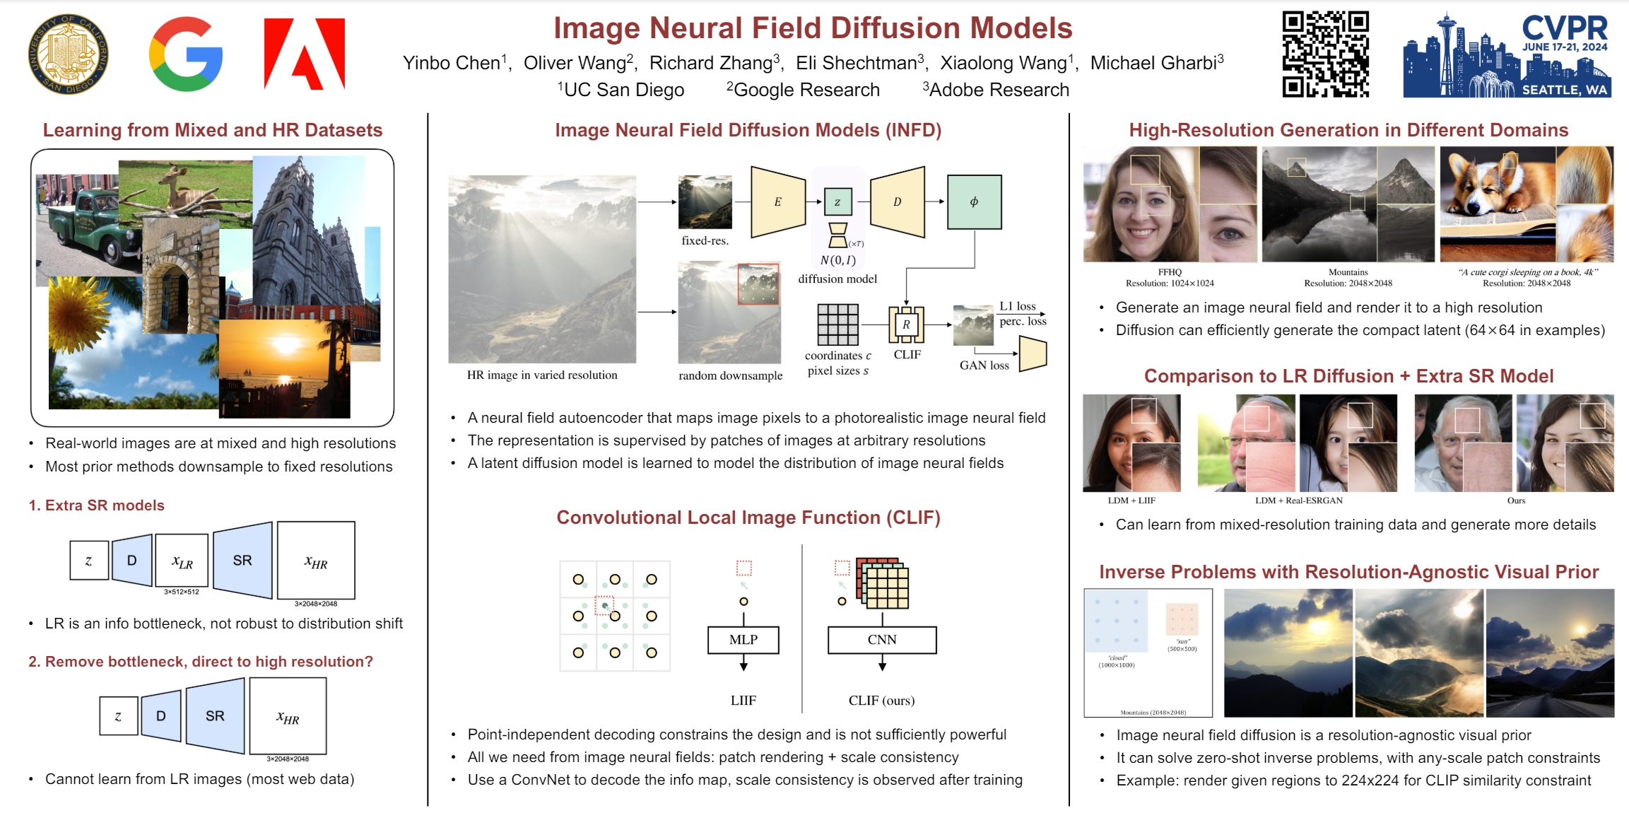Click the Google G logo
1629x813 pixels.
pos(186,54)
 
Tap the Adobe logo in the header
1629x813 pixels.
pos(305,54)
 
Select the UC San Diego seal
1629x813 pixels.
pos(69,54)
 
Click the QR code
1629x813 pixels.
pos(1325,54)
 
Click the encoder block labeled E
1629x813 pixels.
pos(778,202)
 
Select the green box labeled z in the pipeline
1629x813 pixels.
pos(837,202)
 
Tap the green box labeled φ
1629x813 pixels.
pos(974,202)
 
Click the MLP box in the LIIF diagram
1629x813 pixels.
pos(743,640)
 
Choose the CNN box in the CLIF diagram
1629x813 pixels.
pos(882,640)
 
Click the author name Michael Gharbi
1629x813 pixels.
pos(1153,63)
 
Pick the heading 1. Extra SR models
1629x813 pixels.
pos(97,505)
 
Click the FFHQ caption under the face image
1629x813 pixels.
pos(1170,272)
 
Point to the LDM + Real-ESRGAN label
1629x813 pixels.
pos(1298,501)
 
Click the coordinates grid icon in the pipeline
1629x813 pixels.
pos(838,324)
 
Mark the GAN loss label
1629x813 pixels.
pos(984,365)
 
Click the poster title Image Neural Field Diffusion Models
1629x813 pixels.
pos(813,28)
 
